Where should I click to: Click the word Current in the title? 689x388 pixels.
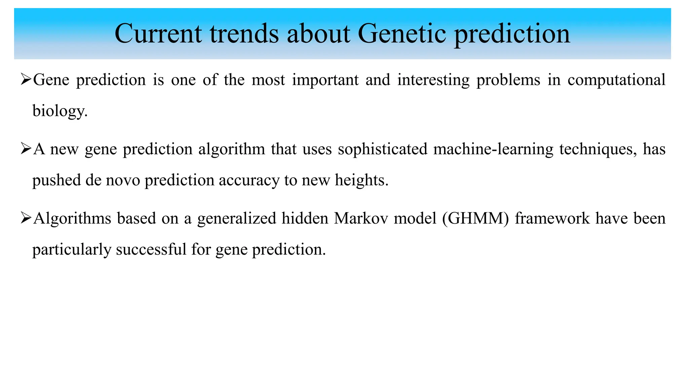pos(158,34)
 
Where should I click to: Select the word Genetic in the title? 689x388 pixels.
pos(402,34)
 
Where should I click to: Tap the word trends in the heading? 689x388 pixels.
pos(244,34)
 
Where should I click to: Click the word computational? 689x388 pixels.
pos(616,80)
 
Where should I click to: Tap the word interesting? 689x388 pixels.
pos(433,80)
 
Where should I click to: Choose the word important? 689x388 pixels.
pos(325,80)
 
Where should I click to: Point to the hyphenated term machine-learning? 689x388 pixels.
pos(493,149)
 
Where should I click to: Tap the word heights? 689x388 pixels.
pos(362,180)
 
